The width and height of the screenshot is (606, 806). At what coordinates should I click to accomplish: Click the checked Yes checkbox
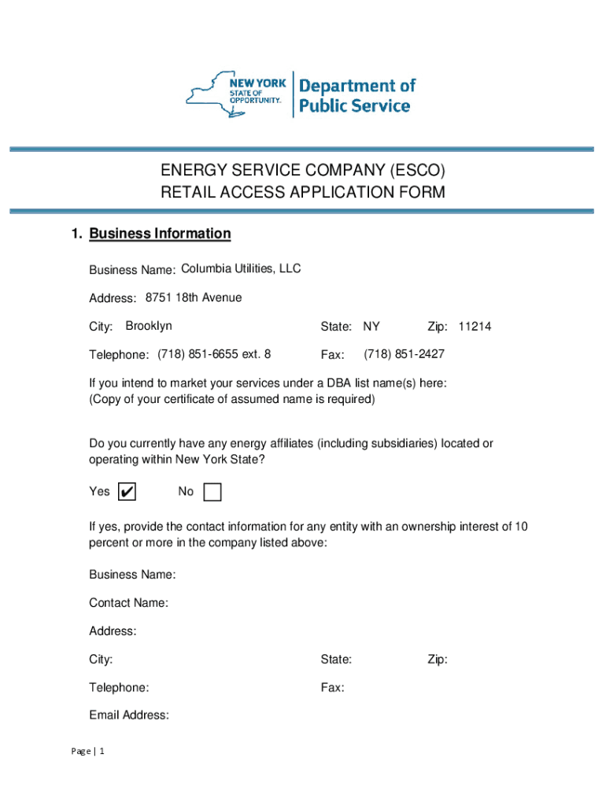coord(126,492)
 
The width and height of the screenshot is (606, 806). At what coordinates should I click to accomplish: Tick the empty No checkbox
coord(212,492)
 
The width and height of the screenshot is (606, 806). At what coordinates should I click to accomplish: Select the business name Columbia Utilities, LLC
coord(241,269)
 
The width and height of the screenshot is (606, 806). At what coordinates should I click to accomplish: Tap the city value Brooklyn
coord(149,326)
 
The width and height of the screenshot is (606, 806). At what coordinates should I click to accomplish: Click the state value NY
coord(371,327)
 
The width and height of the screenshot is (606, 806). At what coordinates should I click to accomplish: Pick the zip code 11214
coord(475,327)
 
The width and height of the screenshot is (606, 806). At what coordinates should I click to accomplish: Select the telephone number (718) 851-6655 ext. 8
coord(214,354)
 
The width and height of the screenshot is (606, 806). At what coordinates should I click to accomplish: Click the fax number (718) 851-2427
coord(404,354)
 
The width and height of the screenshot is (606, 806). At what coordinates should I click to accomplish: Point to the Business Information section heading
coord(160,234)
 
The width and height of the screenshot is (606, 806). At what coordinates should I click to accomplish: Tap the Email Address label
coord(129,715)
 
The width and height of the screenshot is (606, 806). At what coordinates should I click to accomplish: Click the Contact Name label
coord(128,603)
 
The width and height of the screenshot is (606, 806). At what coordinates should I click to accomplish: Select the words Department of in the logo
coord(357,85)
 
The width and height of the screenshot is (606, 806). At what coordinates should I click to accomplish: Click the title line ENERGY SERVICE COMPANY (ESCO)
coord(303,170)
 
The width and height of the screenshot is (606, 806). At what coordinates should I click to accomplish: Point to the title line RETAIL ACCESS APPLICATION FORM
coord(303,192)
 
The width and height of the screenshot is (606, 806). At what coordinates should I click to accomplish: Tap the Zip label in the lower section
coord(438,660)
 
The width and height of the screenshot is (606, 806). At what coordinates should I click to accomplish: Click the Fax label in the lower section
coord(332,688)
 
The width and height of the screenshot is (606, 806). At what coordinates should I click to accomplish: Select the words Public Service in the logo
coord(354,105)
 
